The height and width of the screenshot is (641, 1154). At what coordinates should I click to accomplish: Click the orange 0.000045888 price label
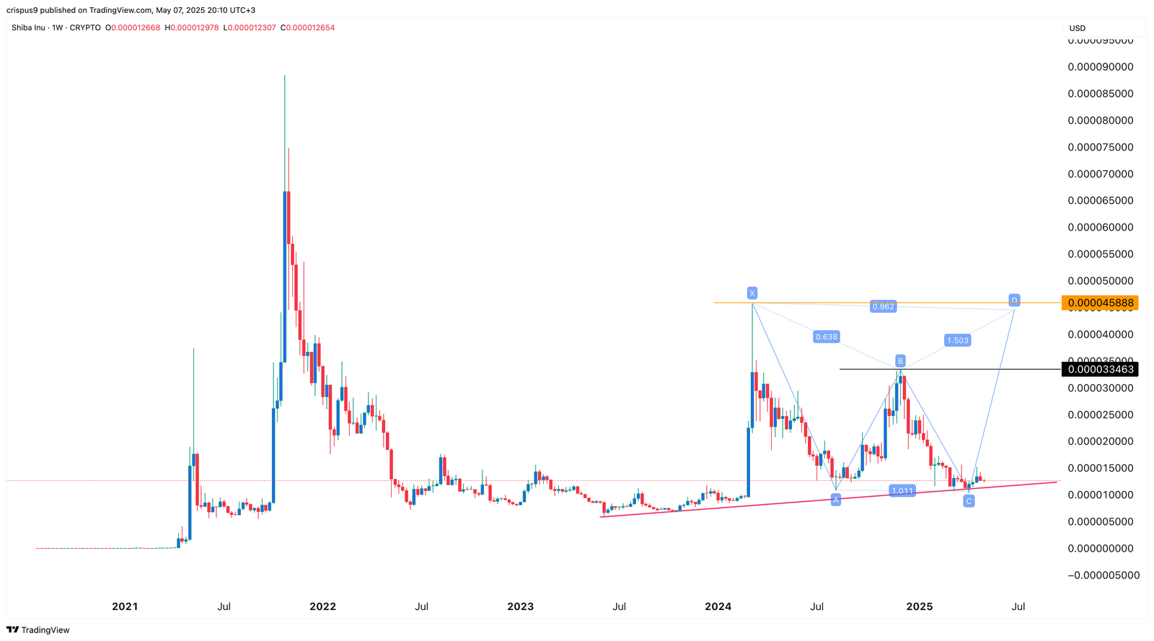coord(1100,303)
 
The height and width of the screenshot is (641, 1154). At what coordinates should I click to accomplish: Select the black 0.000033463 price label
coord(1100,369)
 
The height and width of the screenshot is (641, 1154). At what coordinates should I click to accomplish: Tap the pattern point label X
coord(752,293)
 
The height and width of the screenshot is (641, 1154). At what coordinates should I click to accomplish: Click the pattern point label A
coord(836,499)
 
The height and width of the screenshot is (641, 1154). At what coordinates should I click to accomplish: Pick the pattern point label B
coord(900,361)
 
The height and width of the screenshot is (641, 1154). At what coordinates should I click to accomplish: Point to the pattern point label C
coord(969,500)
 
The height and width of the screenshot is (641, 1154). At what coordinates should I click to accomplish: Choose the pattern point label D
coord(1014,300)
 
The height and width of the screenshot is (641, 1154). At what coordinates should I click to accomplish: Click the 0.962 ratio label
coord(883,306)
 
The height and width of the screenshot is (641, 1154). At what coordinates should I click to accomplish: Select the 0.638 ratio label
coord(826,337)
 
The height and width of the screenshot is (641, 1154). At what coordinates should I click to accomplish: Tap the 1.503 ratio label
coord(957,340)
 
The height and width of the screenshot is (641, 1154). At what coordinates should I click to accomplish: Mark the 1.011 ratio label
coord(902,491)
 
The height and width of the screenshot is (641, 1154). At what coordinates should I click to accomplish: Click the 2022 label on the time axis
coord(322,606)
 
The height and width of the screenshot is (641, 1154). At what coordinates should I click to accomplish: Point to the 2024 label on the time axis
coord(718,606)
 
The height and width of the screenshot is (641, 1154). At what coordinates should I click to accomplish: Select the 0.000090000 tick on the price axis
coord(1100,67)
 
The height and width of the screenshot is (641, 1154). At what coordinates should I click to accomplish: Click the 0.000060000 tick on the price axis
coord(1100,227)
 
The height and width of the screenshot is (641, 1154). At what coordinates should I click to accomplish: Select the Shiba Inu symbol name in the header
coord(28,27)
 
